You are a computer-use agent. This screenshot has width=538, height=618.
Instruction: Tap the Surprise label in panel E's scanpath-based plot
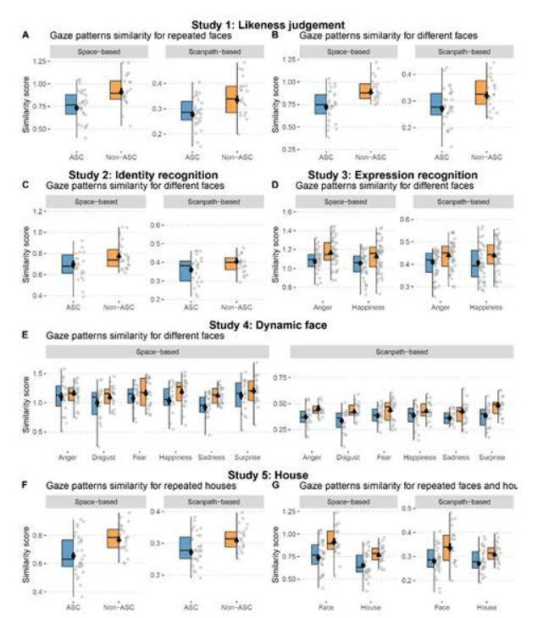(x=491, y=454)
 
